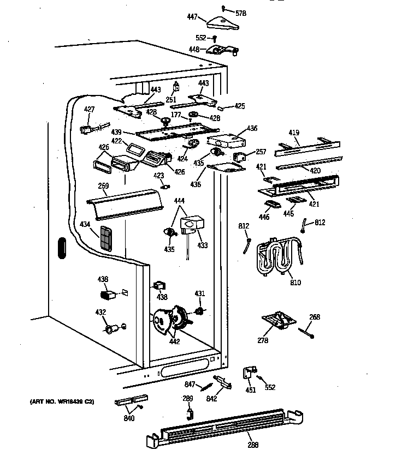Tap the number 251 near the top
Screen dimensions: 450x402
pos(171,101)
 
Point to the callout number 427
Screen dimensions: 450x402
pos(89,110)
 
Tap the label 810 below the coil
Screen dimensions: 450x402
pos(295,283)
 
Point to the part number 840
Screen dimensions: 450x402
pos(129,418)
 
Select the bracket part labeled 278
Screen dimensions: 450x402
pos(277,320)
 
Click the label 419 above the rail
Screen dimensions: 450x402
pos(294,132)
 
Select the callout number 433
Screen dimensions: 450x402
pos(203,245)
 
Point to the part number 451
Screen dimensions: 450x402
pos(250,389)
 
